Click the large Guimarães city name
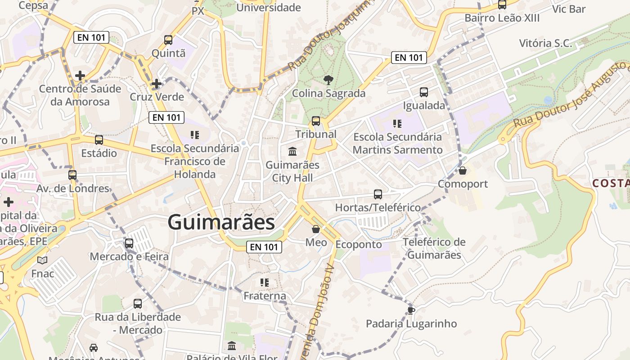pyautogui.click(x=221, y=222)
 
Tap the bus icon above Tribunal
pyautogui.click(x=316, y=121)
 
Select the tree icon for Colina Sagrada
pyautogui.click(x=328, y=80)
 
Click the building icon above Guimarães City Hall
pyautogui.click(x=292, y=151)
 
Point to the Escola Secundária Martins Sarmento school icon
pyautogui.click(x=397, y=123)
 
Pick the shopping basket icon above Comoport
pyautogui.click(x=463, y=171)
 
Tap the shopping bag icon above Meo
pyautogui.click(x=316, y=229)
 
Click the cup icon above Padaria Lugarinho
pyautogui.click(x=410, y=310)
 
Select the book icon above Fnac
pyautogui.click(x=42, y=260)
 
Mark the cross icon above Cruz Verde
pyautogui.click(x=156, y=84)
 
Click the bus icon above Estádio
pyautogui.click(x=99, y=140)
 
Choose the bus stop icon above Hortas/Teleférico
pyautogui.click(x=378, y=194)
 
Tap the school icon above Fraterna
pyautogui.click(x=265, y=283)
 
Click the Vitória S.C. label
pyautogui.click(x=545, y=43)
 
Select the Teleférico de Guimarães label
pyautogui.click(x=434, y=248)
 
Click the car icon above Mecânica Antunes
pyautogui.click(x=94, y=348)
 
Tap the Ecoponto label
pyautogui.click(x=359, y=244)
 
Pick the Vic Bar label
pyautogui.click(x=569, y=9)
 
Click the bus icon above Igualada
pyautogui.click(x=423, y=92)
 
